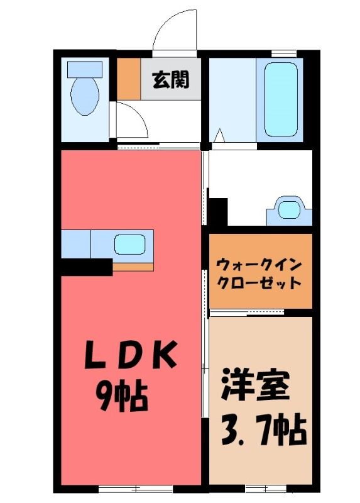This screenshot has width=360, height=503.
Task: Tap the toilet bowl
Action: point(85,96)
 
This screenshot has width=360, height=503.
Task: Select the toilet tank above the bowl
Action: point(85,69)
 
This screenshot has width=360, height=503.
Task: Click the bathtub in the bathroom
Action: point(281,99)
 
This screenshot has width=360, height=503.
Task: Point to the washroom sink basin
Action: point(289,210)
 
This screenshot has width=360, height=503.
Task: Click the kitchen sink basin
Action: point(130,245)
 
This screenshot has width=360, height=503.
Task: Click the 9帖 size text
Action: point(123,395)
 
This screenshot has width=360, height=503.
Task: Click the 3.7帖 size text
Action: point(263,429)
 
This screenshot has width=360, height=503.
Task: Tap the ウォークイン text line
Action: point(259,265)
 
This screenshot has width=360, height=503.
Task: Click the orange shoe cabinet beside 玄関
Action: point(129,79)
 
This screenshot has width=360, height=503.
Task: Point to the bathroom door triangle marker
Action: point(219,135)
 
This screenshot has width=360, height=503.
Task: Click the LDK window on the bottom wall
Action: point(136,489)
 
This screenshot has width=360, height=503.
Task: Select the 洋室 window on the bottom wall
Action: point(266,489)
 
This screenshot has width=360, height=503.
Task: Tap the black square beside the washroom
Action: point(218,212)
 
